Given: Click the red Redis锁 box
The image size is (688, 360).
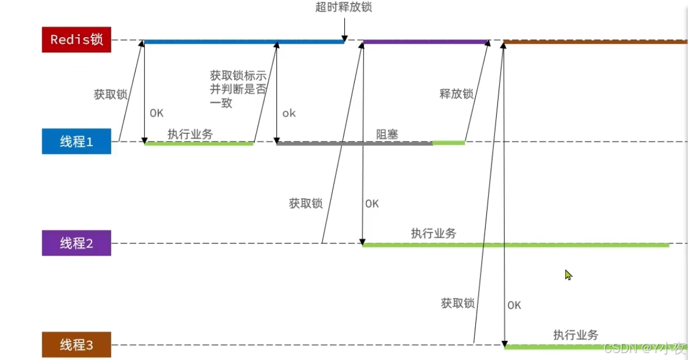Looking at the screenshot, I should [76, 40].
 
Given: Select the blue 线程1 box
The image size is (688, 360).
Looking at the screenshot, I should [76, 141].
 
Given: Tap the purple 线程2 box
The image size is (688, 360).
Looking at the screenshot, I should [76, 243].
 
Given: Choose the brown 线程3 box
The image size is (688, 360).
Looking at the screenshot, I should [76, 345].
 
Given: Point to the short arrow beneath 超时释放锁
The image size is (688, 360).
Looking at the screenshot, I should [344, 27].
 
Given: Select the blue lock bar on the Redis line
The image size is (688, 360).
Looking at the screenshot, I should [243, 42].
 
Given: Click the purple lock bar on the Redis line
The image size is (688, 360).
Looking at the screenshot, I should [425, 42].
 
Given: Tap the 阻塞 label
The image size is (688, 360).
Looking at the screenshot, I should [387, 134].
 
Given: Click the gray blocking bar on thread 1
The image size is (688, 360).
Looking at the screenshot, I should [354, 143].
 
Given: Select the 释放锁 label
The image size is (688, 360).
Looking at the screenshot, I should [457, 94].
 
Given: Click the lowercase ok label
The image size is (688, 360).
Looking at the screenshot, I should [289, 114].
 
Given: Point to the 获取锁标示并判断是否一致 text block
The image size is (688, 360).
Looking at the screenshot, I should [238, 89].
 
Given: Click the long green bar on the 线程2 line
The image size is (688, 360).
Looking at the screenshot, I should [515, 245].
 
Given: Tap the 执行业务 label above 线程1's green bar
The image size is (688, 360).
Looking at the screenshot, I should [190, 134].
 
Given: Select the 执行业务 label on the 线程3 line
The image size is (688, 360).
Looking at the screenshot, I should [576, 334].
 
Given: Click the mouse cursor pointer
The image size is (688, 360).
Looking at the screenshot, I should [568, 275].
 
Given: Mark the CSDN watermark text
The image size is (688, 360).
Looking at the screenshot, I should [644, 348].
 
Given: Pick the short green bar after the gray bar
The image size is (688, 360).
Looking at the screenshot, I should [449, 143].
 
